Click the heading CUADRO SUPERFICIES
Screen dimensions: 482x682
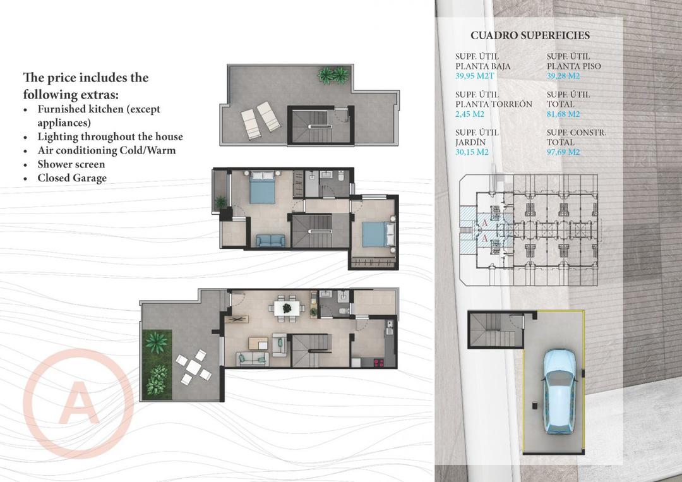(x=530, y=35)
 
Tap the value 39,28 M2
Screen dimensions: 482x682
(x=563, y=76)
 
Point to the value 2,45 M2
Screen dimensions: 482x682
(x=470, y=114)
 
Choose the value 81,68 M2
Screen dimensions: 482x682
(x=563, y=114)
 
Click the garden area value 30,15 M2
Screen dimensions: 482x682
(x=472, y=152)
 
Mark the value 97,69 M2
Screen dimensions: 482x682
(x=563, y=152)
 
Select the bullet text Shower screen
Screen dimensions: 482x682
(x=71, y=164)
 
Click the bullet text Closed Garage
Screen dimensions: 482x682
(x=72, y=178)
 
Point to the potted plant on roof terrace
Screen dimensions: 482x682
(x=332, y=76)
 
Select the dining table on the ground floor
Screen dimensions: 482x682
(x=286, y=308)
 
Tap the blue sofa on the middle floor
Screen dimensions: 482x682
(x=271, y=241)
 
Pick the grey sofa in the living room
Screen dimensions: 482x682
(x=251, y=359)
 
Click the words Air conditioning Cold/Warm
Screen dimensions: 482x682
(x=106, y=150)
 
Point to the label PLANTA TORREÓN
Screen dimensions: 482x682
(x=493, y=104)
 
